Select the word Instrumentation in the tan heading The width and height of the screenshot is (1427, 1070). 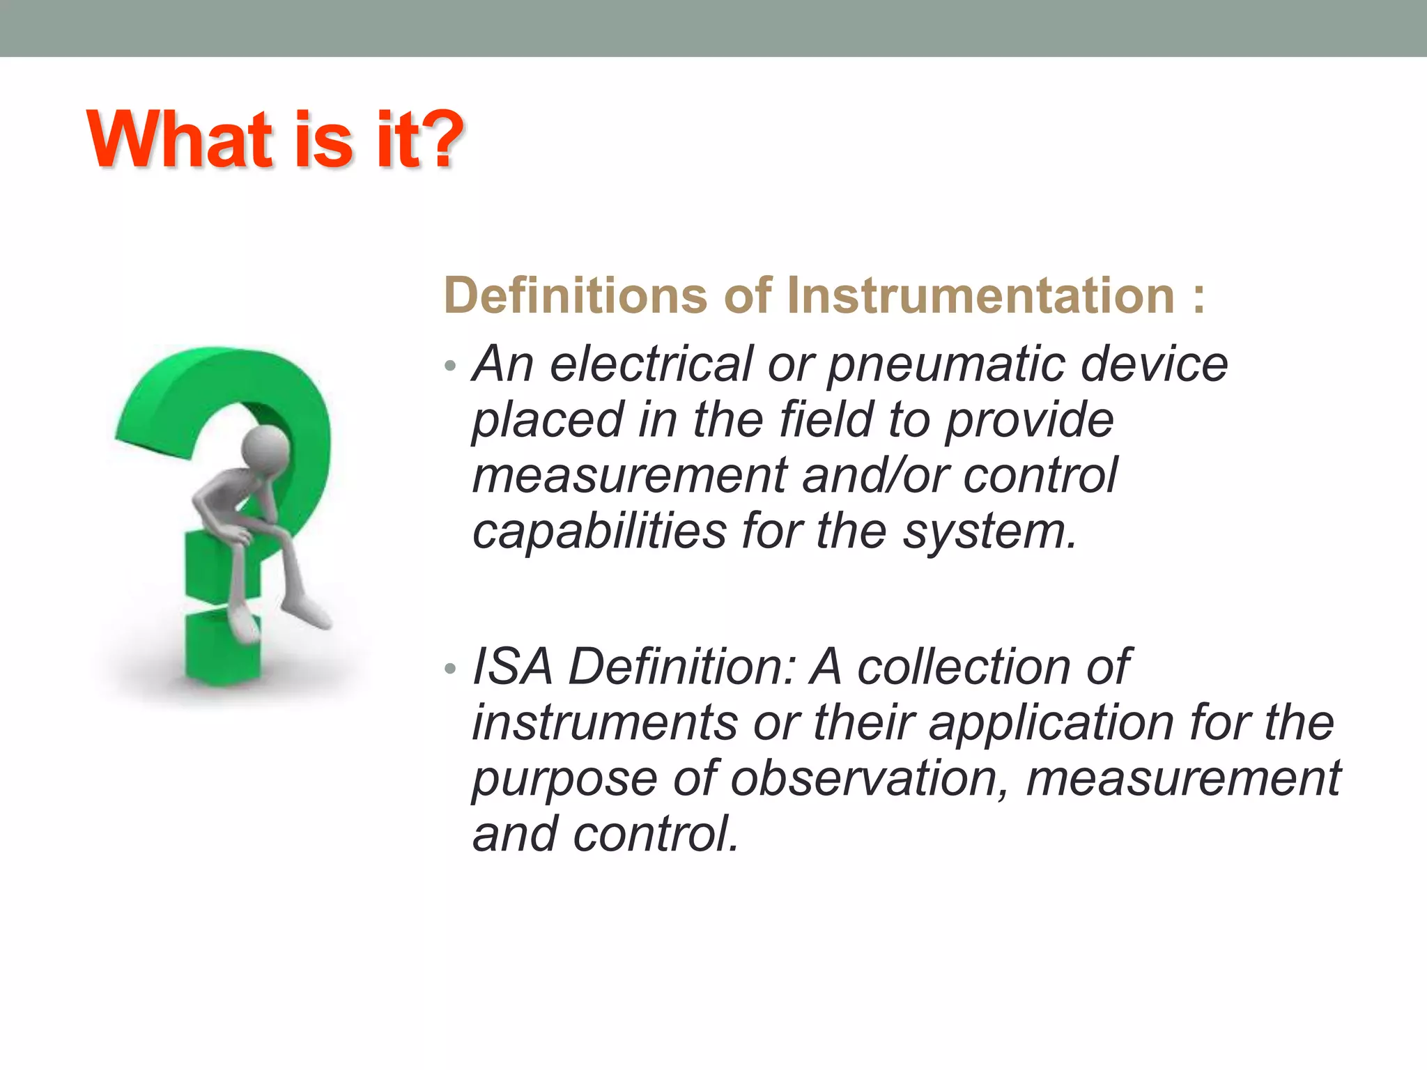(x=982, y=296)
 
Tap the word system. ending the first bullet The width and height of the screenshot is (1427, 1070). (x=990, y=532)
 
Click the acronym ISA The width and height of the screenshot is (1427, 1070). (x=513, y=667)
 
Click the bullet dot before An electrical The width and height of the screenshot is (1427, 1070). (x=451, y=366)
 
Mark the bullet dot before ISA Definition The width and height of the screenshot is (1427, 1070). (x=451, y=669)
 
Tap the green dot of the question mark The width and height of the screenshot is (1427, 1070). (x=222, y=644)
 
